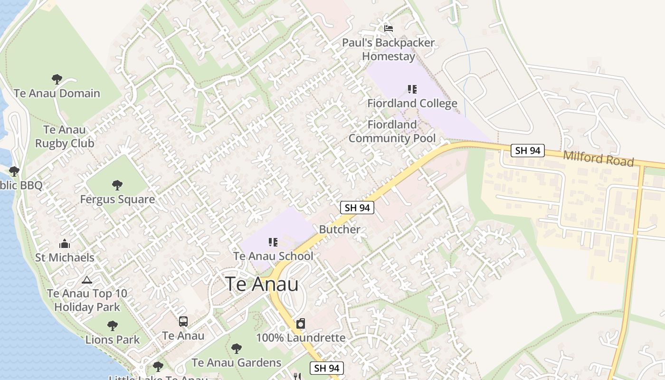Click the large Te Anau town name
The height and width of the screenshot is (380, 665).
262,284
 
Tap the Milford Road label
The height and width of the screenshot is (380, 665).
598,159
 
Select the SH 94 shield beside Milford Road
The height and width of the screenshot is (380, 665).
528,151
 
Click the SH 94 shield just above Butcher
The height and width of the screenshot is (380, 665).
357,208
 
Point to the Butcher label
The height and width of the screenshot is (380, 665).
340,229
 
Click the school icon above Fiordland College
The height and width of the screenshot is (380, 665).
412,89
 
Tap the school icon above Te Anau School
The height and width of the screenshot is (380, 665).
273,242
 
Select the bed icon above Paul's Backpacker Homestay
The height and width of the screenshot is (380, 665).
389,28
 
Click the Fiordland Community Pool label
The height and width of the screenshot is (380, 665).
392,132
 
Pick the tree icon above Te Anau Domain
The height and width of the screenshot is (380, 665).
57,79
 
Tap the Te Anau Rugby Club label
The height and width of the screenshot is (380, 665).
65,136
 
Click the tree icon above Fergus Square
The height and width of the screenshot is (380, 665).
117,185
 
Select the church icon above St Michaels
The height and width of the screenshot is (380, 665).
65,244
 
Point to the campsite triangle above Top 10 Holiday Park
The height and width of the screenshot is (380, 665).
86,280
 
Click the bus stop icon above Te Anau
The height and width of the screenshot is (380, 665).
183,322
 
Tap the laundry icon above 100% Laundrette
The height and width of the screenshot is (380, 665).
300,324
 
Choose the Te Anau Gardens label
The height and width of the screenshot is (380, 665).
237,363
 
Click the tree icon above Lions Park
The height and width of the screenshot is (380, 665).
112,326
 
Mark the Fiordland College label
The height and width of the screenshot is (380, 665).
412,104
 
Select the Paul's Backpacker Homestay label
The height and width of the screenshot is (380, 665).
389,49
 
